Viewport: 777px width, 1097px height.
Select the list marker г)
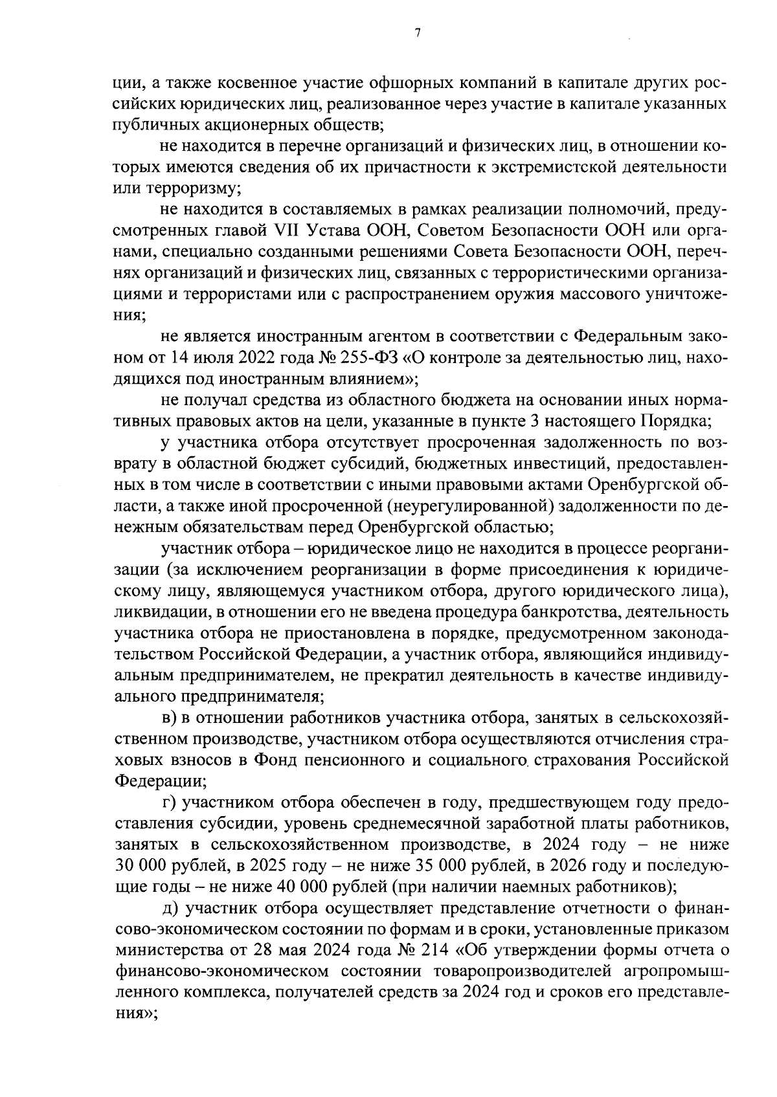tap(169, 803)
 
